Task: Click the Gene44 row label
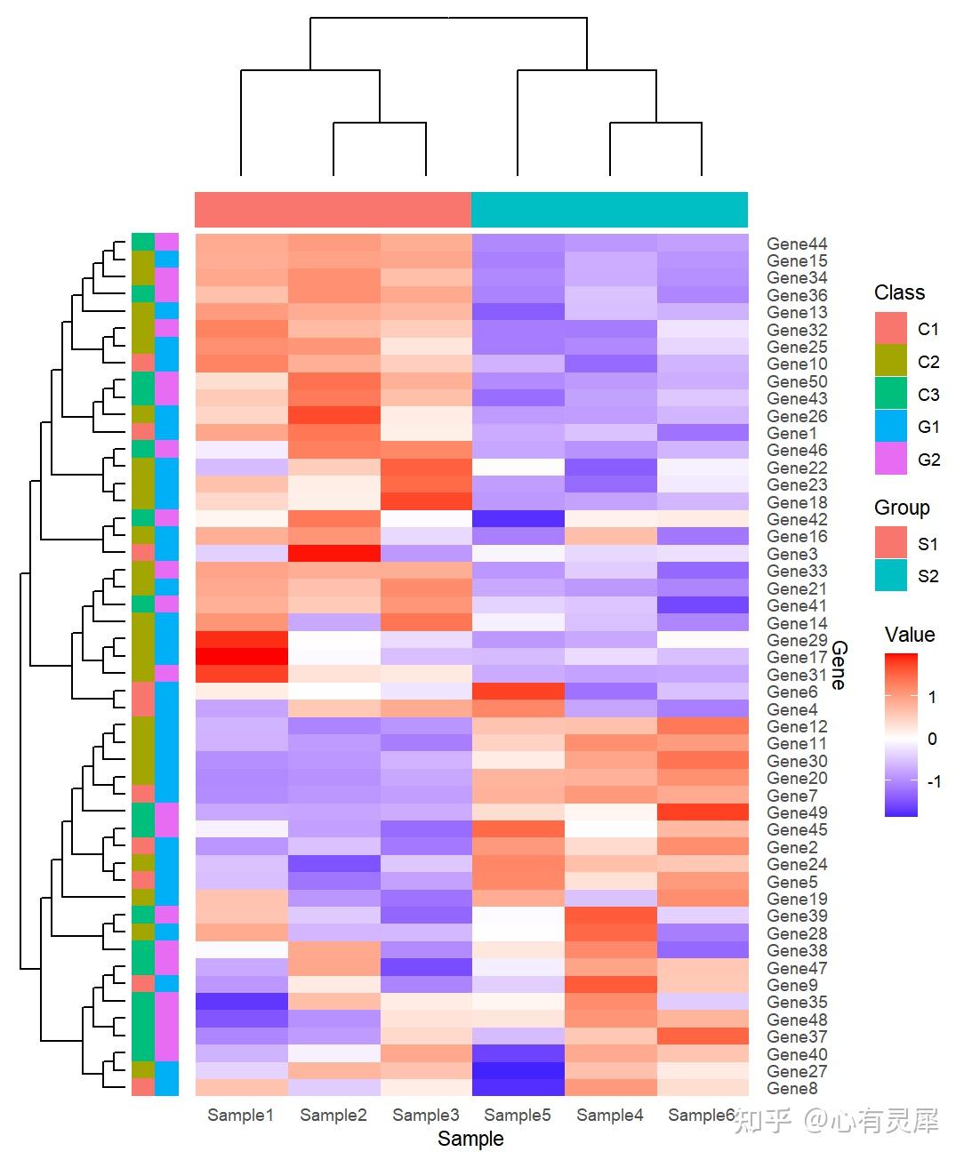tap(797, 244)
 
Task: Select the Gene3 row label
tap(791, 554)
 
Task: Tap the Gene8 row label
tap(791, 1088)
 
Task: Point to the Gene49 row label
tap(797, 812)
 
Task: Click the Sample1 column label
tap(240, 1115)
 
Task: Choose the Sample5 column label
tap(518, 1115)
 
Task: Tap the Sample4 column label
tap(610, 1115)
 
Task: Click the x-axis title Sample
tap(470, 1139)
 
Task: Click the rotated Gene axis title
tap(839, 666)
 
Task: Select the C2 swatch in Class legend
tap(891, 362)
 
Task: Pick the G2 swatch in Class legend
tap(891, 460)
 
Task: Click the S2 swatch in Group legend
tap(891, 576)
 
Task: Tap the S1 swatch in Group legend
tap(891, 543)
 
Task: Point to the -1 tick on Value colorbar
tap(934, 781)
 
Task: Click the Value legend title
tap(909, 635)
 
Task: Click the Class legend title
tap(899, 292)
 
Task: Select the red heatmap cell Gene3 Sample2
tap(333, 554)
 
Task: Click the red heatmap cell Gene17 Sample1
tap(241, 657)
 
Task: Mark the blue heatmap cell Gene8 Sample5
tap(518, 1088)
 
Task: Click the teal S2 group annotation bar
tap(609, 210)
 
